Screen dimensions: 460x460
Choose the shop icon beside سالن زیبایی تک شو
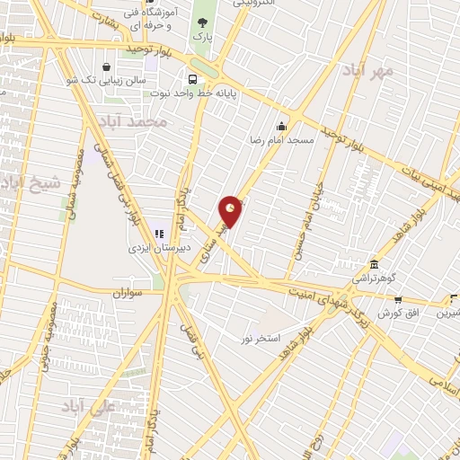coord(108,66)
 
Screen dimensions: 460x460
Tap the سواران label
coord(128,293)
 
